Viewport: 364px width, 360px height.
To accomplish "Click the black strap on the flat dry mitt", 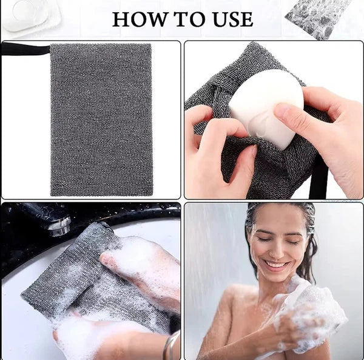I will [x=24, y=49].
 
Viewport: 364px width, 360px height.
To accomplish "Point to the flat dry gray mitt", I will [x=101, y=119].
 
